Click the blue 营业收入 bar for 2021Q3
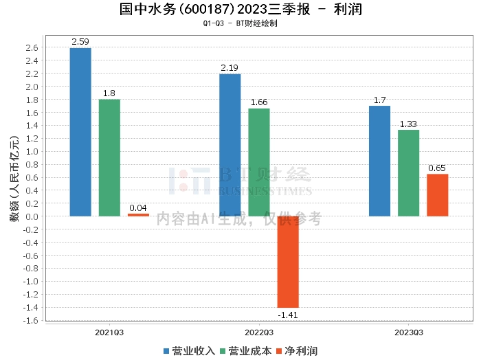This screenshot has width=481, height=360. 80,132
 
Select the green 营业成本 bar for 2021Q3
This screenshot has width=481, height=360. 109,158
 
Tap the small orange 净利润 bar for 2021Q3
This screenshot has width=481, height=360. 138,215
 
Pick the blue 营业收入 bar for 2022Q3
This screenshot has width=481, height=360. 230,145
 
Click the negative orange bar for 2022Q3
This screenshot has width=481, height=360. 288,262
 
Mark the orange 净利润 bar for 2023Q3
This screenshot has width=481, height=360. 437,195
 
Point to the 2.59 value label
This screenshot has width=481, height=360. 80,42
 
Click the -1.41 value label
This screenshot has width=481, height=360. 288,315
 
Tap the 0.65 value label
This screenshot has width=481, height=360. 437,168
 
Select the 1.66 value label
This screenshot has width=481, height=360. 259,102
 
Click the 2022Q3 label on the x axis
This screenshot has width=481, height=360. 259,332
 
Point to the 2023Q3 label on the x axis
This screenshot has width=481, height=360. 408,332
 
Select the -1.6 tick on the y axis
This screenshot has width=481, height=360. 31,320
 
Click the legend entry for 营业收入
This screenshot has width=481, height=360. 190,350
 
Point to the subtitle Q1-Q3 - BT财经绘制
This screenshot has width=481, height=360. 240,23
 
